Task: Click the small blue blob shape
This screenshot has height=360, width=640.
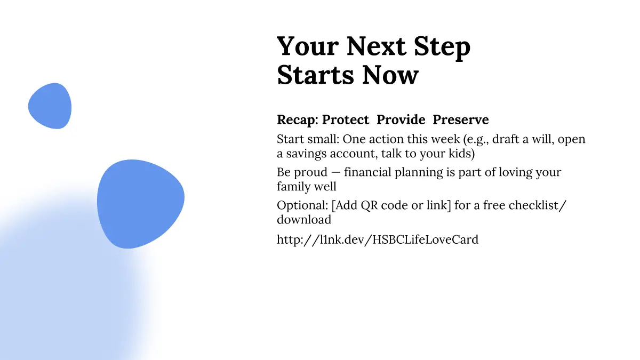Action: coord(50,106)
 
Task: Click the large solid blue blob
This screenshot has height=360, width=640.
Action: coord(141,204)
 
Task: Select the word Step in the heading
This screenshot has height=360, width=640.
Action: coord(442,47)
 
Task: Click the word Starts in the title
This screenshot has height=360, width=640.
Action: coord(316,75)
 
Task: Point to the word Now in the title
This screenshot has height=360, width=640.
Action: coord(390,75)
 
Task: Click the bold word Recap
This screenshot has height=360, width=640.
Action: coord(298,120)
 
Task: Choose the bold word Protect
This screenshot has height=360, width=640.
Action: coord(346,119)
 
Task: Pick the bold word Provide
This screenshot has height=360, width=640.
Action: coord(401,119)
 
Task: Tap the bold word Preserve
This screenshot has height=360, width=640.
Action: coord(461,119)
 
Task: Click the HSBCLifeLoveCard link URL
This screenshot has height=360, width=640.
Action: coord(378,239)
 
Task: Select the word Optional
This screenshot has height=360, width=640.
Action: coord(302,206)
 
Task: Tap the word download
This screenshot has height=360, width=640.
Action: coord(304,219)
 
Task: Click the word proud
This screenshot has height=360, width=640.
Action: coord(310,173)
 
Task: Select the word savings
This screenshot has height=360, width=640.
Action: coord(306,154)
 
